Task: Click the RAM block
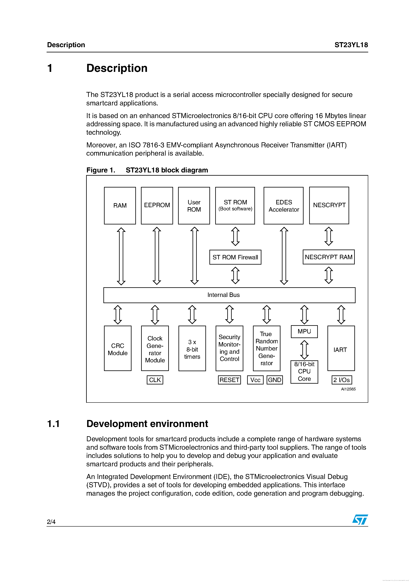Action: [120, 206]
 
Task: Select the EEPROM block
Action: [157, 206]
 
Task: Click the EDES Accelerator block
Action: [283, 206]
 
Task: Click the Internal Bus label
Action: [223, 295]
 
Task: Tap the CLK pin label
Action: [155, 380]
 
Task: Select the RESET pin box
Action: [229, 380]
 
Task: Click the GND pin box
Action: [274, 380]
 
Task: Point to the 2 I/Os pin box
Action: [341, 380]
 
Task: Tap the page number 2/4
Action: [51, 522]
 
